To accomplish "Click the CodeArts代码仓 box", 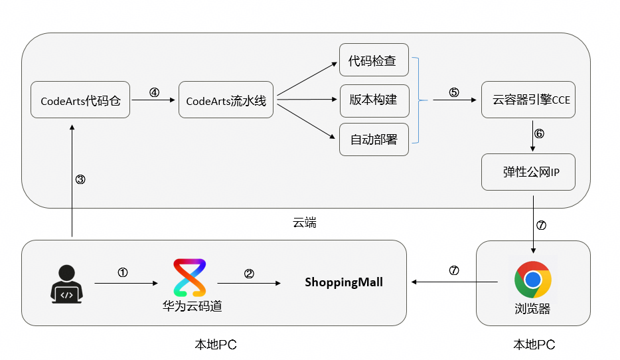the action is coord(80,100).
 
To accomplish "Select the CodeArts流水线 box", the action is coord(226,100).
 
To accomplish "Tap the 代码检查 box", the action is coord(374,60).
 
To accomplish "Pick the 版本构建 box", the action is coord(374,100).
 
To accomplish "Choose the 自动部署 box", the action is coord(374,139).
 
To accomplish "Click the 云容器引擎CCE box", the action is coord(528,100).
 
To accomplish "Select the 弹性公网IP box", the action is coord(528,172).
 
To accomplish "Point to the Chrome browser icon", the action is coord(532,279).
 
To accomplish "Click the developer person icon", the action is coord(66,284).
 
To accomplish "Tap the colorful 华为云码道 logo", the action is coord(190,278).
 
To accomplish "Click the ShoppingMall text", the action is coord(344,282).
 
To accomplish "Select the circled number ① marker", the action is coord(123,272).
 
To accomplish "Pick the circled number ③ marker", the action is coord(80,179).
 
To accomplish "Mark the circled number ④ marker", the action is coord(154,92).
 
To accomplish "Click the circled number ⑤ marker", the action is coord(454,92).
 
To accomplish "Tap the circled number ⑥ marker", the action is coord(539,134).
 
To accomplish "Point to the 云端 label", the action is coord(305,223).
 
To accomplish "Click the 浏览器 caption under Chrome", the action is coord(532,309).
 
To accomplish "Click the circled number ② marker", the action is coord(249,274).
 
